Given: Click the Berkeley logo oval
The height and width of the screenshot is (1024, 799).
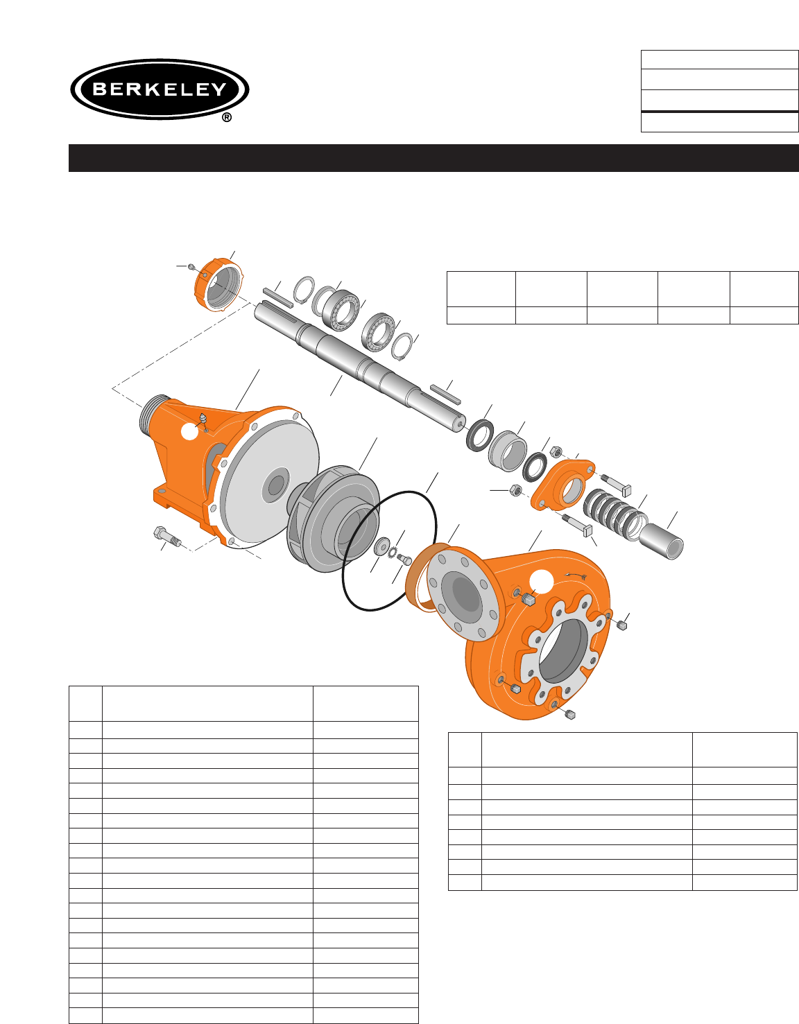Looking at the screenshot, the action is (160, 89).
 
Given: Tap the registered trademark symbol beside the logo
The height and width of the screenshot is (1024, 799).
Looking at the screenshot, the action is (227, 117).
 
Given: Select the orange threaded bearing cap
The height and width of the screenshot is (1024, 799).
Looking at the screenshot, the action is (218, 284).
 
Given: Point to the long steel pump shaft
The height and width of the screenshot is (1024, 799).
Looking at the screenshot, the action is (360, 367).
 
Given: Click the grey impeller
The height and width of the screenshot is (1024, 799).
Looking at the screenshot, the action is (334, 518).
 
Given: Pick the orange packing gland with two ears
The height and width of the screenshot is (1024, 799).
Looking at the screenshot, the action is (562, 485).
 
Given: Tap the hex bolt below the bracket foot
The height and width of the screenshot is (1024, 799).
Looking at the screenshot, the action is (167, 537).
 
